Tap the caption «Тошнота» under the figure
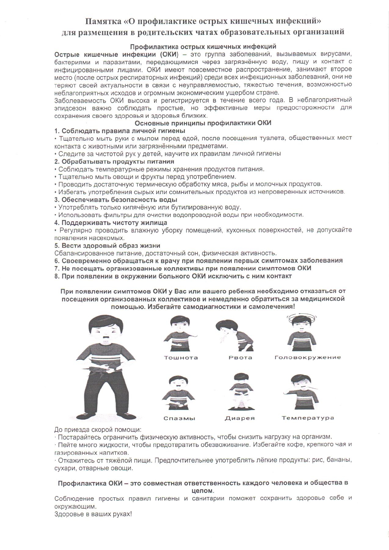tap(181, 358)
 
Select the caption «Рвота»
tap(240, 358)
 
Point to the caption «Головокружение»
tap(307, 358)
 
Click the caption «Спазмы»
tap(179, 418)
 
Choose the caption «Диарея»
tap(240, 418)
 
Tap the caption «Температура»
tap(308, 418)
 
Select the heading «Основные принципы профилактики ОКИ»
tap(203, 123)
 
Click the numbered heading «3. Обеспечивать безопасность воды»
tap(116, 200)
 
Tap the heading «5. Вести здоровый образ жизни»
tap(107, 245)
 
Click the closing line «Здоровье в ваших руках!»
tap(93, 514)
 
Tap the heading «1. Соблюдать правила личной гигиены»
tap(120, 131)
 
